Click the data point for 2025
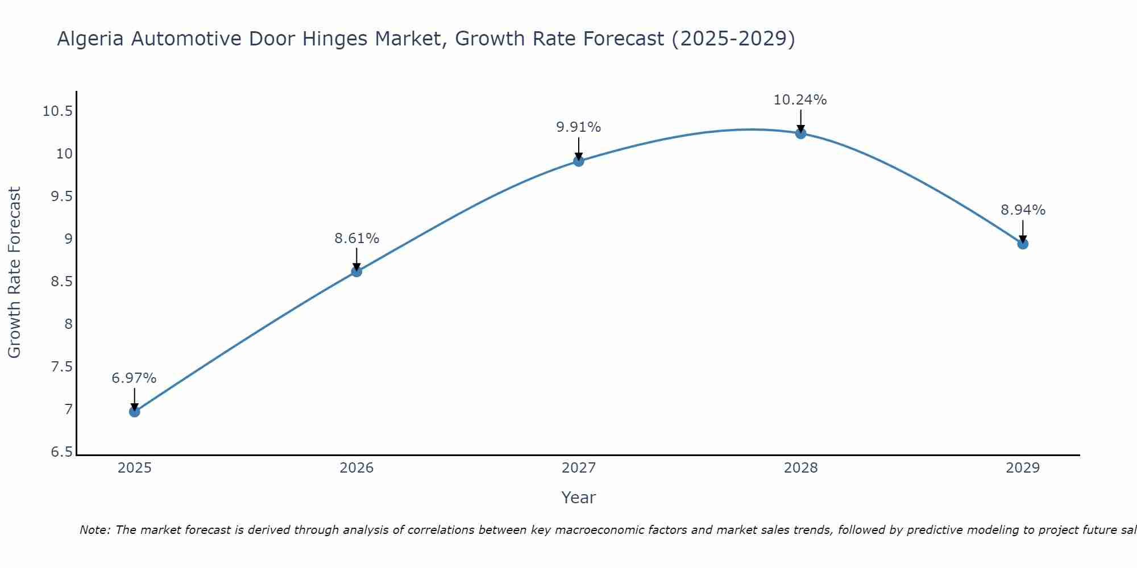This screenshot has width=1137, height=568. [135, 411]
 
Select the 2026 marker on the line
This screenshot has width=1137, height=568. [356, 272]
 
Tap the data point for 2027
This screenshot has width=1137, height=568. [579, 161]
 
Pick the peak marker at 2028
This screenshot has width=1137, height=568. [800, 133]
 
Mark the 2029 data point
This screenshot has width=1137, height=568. [1023, 244]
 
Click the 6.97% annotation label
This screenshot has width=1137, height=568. [134, 378]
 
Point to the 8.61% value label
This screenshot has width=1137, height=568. [356, 239]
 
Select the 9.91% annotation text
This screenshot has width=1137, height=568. [579, 127]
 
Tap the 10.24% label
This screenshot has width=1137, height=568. [800, 100]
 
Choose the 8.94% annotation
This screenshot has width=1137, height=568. [1023, 210]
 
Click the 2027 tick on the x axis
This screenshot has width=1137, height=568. [579, 468]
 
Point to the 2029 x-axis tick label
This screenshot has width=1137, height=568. [1023, 468]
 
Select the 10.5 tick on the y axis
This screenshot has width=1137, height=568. [57, 111]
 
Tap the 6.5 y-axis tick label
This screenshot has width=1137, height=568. [62, 453]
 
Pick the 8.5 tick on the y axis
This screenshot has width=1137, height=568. [62, 282]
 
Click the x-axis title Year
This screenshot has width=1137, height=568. [578, 498]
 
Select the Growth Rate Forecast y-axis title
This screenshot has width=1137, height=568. [14, 272]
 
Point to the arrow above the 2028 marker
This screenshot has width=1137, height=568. [800, 120]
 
